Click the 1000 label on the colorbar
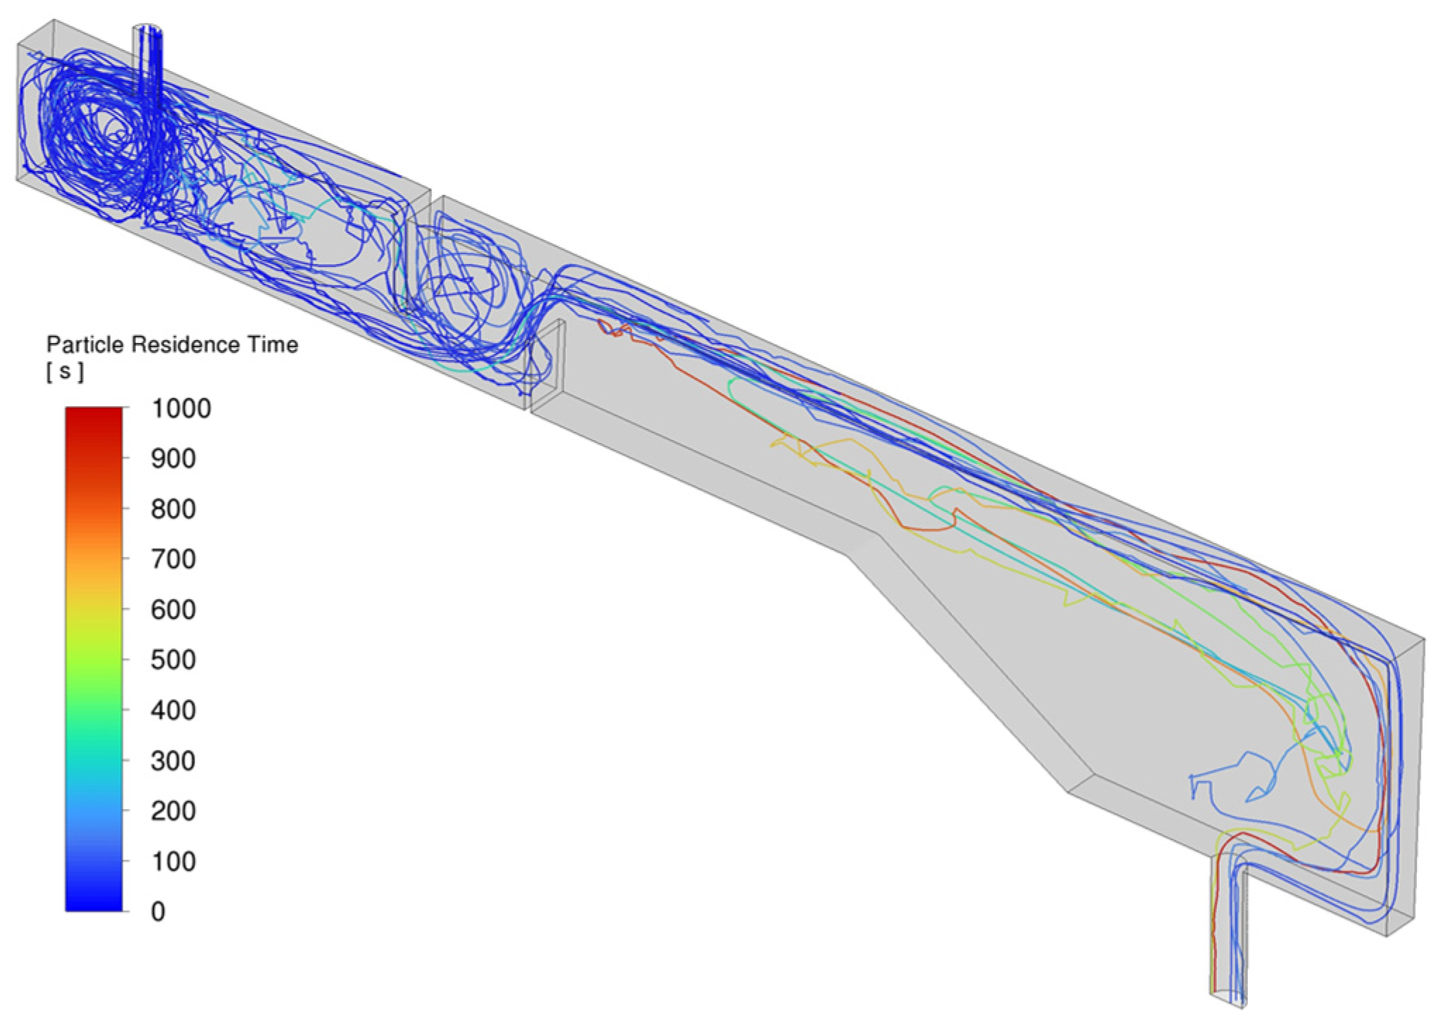click(x=181, y=408)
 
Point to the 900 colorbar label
click(x=173, y=458)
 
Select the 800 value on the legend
click(x=173, y=509)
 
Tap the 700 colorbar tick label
click(x=173, y=559)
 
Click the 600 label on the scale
click(x=173, y=610)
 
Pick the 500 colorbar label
click(x=173, y=660)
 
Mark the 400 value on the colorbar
click(x=173, y=710)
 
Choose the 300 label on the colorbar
click(x=173, y=761)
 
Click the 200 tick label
click(x=173, y=811)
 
